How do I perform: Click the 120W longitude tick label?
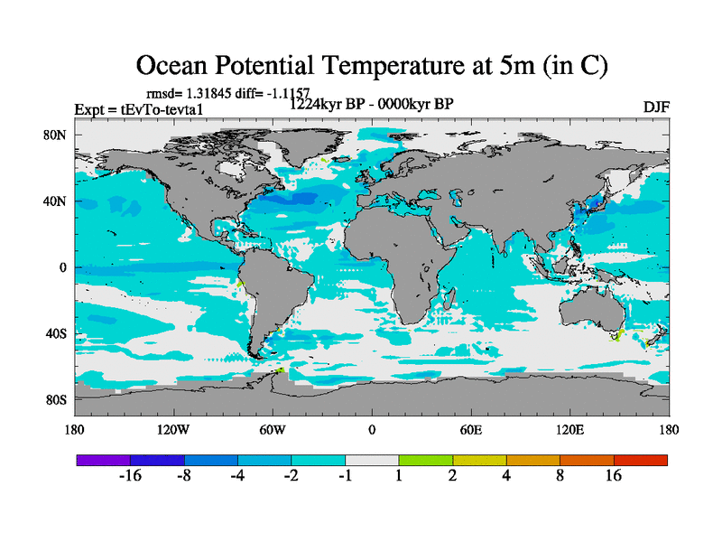[172, 430]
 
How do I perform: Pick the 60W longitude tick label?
[272, 430]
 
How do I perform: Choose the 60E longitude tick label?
[470, 430]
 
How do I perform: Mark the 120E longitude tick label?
[569, 430]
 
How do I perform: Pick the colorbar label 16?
[614, 476]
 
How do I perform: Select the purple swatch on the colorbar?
[103, 460]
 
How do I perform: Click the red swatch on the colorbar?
[641, 460]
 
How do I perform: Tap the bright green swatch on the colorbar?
[426, 460]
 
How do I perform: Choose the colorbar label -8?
[184, 476]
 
